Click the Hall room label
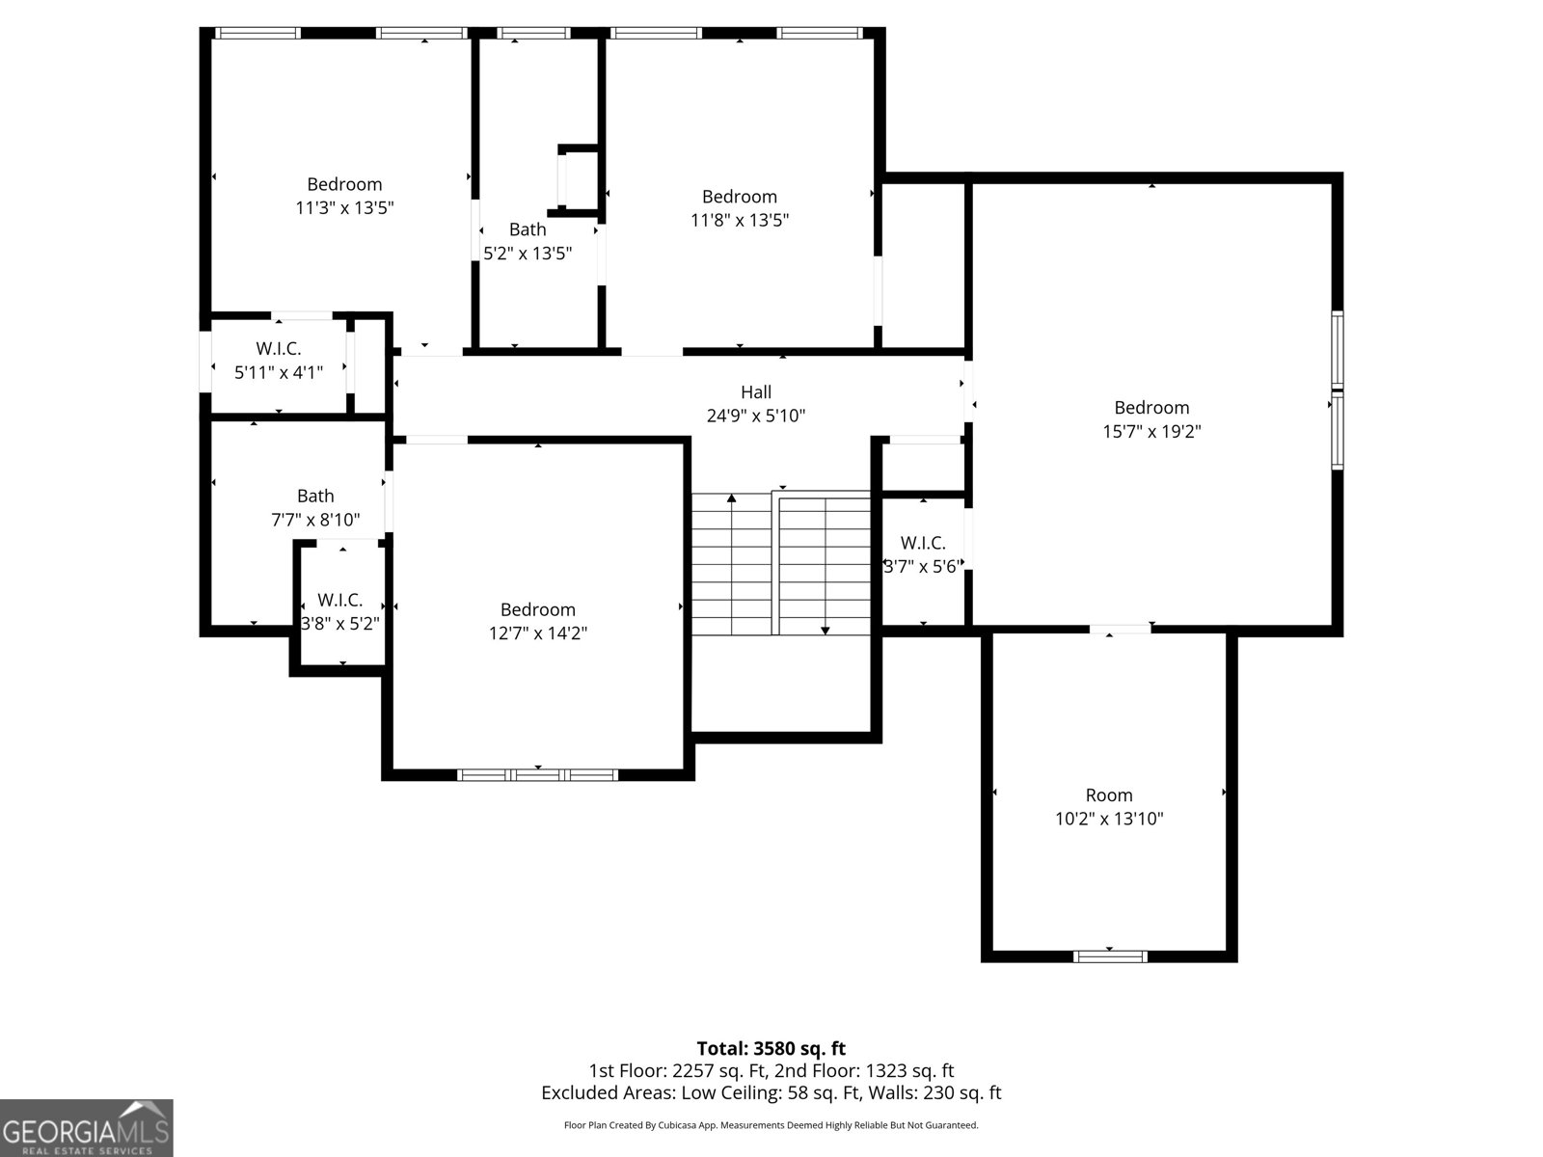(756, 392)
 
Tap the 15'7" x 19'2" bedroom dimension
(1151, 431)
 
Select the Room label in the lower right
(1109, 795)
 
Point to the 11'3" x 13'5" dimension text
(344, 208)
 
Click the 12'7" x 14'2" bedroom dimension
(538, 633)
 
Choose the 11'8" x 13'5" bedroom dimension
(740, 221)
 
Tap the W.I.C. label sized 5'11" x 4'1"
(279, 348)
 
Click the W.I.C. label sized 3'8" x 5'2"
(340, 600)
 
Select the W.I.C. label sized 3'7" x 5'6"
(923, 543)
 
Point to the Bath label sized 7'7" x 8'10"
(315, 496)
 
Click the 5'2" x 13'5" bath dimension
(528, 254)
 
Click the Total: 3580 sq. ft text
(771, 1049)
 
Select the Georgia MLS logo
(87, 1127)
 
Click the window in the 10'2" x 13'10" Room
(1110, 956)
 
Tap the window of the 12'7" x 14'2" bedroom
(538, 775)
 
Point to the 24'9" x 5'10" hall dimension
(756, 416)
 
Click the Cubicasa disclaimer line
(771, 1125)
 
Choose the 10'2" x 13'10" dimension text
(1109, 820)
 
